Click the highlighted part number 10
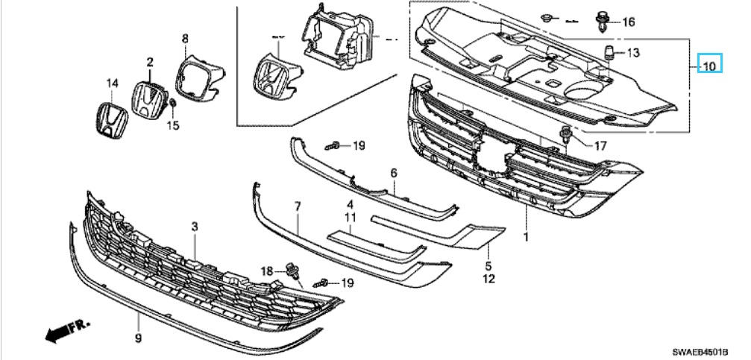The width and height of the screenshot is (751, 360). point(708,66)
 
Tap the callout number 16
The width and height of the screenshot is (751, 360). point(629,22)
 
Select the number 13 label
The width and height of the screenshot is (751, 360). point(632,53)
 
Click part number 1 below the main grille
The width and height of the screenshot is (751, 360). point(527,237)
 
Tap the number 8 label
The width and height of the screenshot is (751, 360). point(185,38)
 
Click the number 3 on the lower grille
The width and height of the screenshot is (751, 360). point(194,225)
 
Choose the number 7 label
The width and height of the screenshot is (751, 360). point(297,205)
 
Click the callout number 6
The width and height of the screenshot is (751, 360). point(392,173)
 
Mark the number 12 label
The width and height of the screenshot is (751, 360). point(488,280)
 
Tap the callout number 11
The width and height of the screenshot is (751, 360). point(348,216)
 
